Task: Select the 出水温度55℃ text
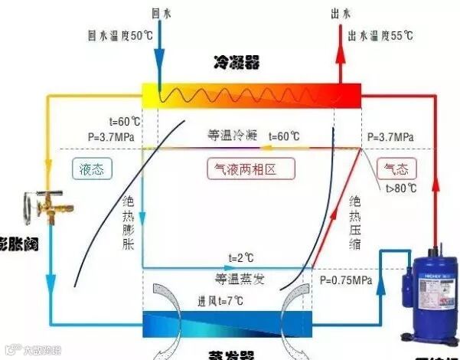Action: click(x=380, y=35)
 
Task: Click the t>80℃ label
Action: click(x=400, y=188)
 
